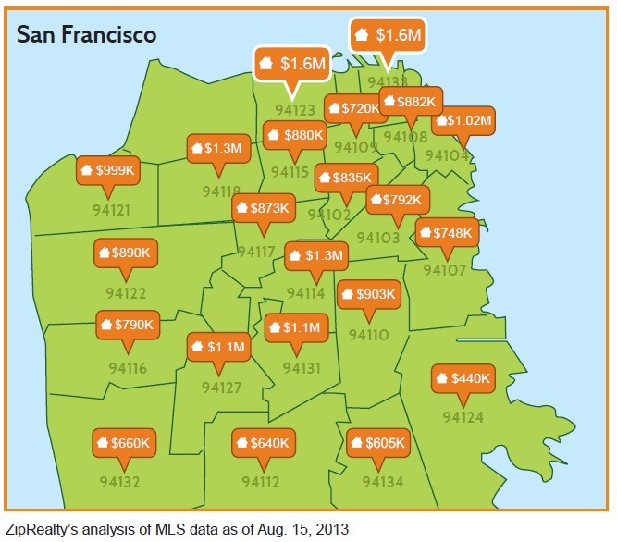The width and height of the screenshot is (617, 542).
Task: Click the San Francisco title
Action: pyautogui.click(x=87, y=34)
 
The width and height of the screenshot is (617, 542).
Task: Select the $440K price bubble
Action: pyautogui.click(x=463, y=378)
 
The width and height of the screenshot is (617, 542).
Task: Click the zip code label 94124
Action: pyautogui.click(x=463, y=417)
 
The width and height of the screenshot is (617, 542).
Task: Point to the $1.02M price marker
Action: pyautogui.click(x=463, y=120)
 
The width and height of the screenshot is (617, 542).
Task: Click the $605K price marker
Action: pyautogui.click(x=376, y=443)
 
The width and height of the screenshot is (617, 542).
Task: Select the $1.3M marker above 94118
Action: pyautogui.click(x=216, y=148)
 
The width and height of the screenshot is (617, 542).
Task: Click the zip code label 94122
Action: pyautogui.click(x=126, y=293)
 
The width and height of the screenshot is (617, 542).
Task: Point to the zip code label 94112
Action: pyautogui.click(x=261, y=482)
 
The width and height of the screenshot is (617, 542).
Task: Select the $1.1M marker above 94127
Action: pyautogui.click(x=218, y=348)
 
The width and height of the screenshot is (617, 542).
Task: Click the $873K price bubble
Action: pyautogui.click(x=263, y=209)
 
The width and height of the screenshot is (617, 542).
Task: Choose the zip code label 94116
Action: pyautogui.click(x=128, y=368)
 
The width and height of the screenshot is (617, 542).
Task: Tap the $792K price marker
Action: pyautogui.click(x=398, y=199)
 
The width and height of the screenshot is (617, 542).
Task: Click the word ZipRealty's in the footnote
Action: pyautogui.click(x=43, y=529)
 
